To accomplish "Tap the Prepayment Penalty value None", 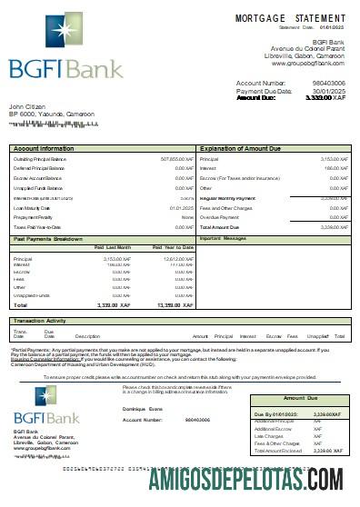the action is coord(187,218).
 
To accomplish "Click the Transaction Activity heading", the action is coord(43,321).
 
